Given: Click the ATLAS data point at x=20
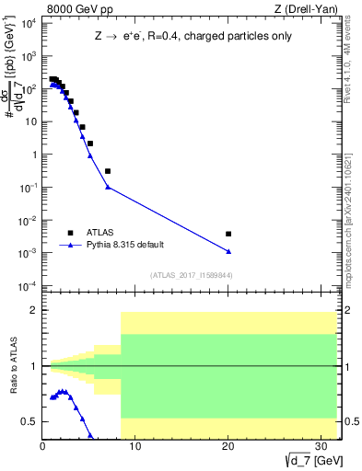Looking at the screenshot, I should pos(228,234).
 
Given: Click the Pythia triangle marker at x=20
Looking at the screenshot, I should pos(228,251).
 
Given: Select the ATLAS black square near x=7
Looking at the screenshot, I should pos(108,171).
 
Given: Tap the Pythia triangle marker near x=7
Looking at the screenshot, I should pos(108,188).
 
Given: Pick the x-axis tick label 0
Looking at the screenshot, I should pos(42,446).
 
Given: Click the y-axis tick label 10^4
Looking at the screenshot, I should pos(29,22).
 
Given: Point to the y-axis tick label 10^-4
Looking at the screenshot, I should pos(29,286).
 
